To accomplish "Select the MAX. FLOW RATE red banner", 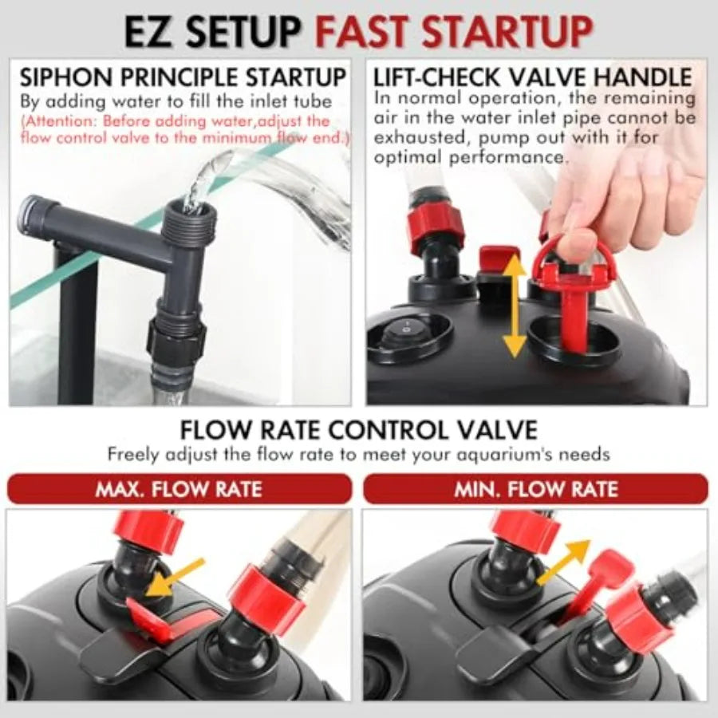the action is (179, 488).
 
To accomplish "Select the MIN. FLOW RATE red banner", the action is (535, 488).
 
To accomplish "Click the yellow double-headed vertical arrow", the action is (515, 306).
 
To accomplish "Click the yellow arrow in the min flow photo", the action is (564, 562).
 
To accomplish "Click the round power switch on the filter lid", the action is (407, 329).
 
